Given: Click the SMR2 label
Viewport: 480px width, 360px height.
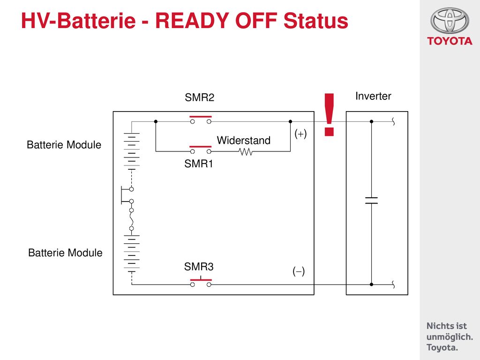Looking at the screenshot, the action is (200, 97).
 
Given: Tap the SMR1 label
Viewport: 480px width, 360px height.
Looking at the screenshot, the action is (199, 164).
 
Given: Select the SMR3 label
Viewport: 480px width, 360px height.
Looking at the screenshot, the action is (199, 267).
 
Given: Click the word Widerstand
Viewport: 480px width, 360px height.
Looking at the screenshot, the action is (244, 140).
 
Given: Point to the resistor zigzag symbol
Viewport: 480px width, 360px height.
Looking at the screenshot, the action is (246, 151).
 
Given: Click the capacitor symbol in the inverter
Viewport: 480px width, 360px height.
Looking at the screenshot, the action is (371, 201).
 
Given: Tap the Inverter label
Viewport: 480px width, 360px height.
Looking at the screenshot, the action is (373, 96).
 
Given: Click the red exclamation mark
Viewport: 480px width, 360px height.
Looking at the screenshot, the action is (329, 114).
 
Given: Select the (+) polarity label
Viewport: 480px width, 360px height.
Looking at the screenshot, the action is (300, 134).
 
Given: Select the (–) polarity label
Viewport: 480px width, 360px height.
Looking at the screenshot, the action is (299, 271).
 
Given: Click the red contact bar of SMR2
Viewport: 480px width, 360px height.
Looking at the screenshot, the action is (201, 117).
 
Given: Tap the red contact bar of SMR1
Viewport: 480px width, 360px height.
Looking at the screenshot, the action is (201, 147).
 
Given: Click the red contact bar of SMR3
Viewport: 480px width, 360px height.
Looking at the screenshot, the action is (201, 280).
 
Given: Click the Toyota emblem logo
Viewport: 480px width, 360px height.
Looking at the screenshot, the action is (450, 21).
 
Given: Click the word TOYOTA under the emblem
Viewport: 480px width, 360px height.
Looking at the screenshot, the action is (450, 41).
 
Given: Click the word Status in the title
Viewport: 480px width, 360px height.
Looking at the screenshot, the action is (316, 21).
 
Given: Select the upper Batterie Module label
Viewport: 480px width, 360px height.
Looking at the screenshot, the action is (64, 145).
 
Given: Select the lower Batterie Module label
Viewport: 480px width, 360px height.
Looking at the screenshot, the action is (65, 253).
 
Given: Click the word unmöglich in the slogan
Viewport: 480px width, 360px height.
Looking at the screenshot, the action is (450, 337).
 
